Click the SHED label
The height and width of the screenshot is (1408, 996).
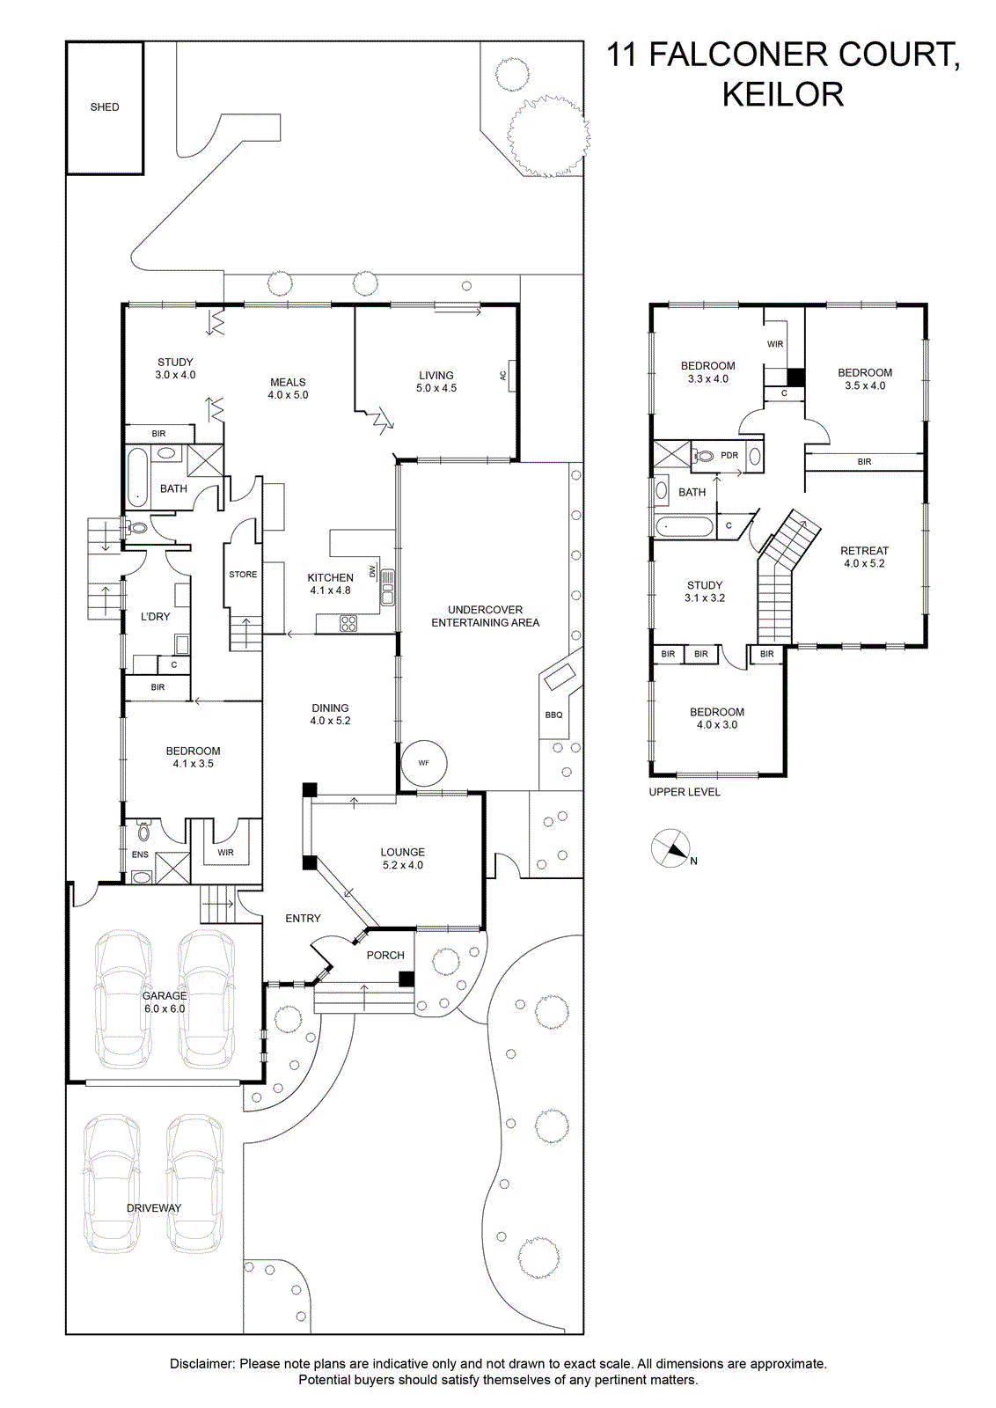pyautogui.click(x=105, y=107)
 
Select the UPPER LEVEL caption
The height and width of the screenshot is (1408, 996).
pyautogui.click(x=685, y=792)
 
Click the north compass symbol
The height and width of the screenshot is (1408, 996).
pyautogui.click(x=670, y=848)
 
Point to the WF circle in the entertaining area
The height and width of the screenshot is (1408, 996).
pyautogui.click(x=423, y=763)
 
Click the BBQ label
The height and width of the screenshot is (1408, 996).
pyautogui.click(x=553, y=715)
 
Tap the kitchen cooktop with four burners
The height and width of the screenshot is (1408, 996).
pyautogui.click(x=348, y=624)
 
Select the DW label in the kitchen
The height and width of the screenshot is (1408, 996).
pyautogui.click(x=373, y=571)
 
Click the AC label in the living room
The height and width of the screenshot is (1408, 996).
pyautogui.click(x=502, y=375)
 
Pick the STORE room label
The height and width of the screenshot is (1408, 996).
pyautogui.click(x=243, y=575)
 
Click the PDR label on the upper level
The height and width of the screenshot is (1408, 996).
pyautogui.click(x=729, y=455)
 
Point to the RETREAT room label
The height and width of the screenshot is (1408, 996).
pyautogui.click(x=864, y=551)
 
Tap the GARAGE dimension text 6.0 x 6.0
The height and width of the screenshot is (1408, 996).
pyautogui.click(x=164, y=1008)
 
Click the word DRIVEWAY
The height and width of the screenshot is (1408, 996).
pyautogui.click(x=154, y=1208)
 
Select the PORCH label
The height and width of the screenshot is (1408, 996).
pyautogui.click(x=385, y=956)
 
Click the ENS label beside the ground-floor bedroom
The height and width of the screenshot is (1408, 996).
pyautogui.click(x=140, y=854)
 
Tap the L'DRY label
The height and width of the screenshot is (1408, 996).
pyautogui.click(x=155, y=617)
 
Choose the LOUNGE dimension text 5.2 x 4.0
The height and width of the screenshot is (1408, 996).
pyautogui.click(x=403, y=865)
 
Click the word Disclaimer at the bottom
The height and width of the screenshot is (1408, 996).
pyautogui.click(x=202, y=1364)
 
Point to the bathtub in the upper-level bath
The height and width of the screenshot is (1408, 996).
pyautogui.click(x=684, y=527)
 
